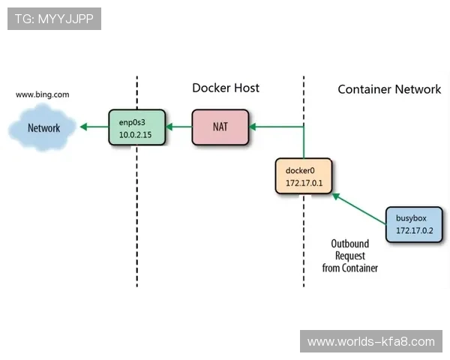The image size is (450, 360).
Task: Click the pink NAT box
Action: (x=220, y=127)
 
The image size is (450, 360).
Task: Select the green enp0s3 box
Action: (x=136, y=127)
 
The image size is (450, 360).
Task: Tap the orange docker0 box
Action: (x=303, y=175)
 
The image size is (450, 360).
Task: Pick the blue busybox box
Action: (x=415, y=223)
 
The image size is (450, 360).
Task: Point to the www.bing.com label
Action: (x=43, y=95)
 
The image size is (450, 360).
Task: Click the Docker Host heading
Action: (x=226, y=88)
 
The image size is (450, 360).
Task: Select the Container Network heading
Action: (x=389, y=89)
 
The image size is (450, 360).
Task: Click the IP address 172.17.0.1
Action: (x=303, y=182)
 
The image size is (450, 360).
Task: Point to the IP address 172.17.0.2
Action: (x=415, y=230)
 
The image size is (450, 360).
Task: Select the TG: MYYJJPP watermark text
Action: (x=54, y=19)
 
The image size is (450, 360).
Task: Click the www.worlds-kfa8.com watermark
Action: (x=370, y=341)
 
